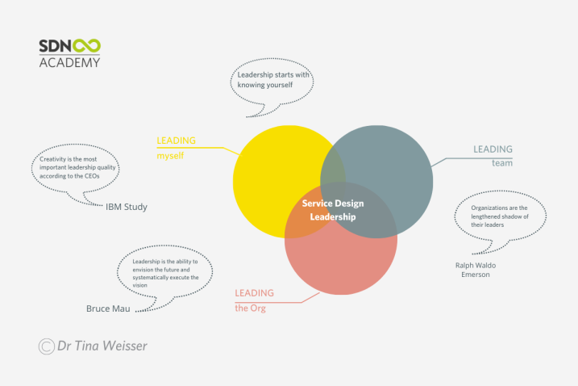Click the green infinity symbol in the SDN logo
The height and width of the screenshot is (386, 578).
coord(86,46)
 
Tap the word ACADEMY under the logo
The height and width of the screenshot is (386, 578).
coord(69,62)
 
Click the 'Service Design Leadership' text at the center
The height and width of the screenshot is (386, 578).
coord(333,210)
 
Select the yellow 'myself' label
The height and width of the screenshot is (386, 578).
coord(170,156)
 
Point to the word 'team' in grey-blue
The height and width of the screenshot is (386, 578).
coord(502,163)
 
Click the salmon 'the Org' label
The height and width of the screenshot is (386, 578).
coord(250,308)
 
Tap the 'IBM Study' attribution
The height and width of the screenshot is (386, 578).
coord(127,207)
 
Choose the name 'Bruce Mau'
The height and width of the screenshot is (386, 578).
coord(108,308)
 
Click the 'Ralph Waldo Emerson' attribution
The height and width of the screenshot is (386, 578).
coord(476,270)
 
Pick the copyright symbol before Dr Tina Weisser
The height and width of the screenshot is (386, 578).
coord(47,346)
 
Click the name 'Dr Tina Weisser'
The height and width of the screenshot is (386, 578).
coord(102,346)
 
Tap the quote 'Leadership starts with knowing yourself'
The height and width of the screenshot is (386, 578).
coord(273,80)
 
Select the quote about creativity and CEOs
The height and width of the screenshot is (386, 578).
coord(77,168)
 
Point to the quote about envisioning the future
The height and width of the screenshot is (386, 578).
coord(165,273)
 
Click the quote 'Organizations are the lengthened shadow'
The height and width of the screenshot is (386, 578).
coord(500,216)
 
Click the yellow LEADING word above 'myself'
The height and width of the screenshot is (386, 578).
coord(177,141)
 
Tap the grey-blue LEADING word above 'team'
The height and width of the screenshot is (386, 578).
coord(493,149)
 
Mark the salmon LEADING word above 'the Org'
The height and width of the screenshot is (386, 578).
coord(255,293)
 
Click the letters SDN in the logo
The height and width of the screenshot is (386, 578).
coord(55,46)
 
